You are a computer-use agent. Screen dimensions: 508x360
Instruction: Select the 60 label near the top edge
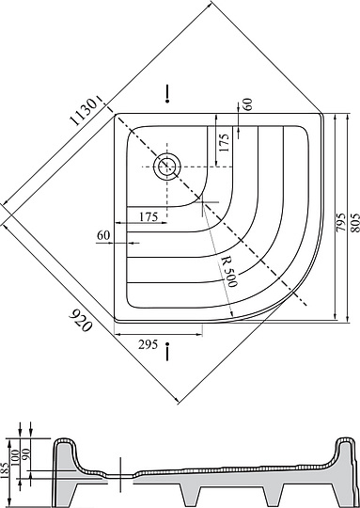247,104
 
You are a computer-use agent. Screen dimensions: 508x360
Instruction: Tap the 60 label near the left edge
103,235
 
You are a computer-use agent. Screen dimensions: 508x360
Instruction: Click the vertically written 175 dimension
223,145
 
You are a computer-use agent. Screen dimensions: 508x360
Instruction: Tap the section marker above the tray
167,92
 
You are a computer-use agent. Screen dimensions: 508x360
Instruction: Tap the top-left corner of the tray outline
117,115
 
